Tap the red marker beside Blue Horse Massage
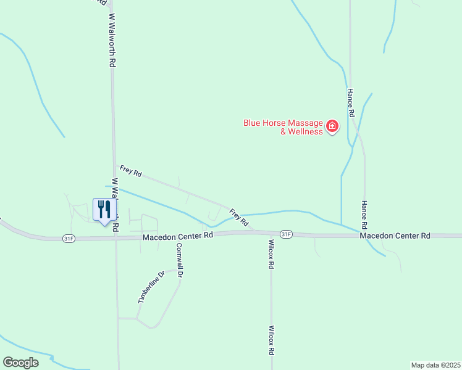click(x=332, y=127)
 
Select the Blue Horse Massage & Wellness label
click(x=283, y=127)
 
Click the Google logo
click(x=20, y=363)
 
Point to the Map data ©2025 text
click(x=435, y=365)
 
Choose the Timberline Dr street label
click(x=151, y=287)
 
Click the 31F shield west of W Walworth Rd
click(x=69, y=238)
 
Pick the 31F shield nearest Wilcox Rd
click(x=285, y=234)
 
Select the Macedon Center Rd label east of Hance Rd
click(x=395, y=236)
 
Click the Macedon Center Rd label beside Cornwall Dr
click(x=177, y=236)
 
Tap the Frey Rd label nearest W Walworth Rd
click(x=130, y=171)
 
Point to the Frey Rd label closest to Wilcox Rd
click(x=239, y=217)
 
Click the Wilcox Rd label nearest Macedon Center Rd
click(x=271, y=255)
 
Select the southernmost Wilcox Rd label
click(x=271, y=340)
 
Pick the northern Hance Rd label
click(x=350, y=103)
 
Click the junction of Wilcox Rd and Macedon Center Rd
click(x=270, y=233)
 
